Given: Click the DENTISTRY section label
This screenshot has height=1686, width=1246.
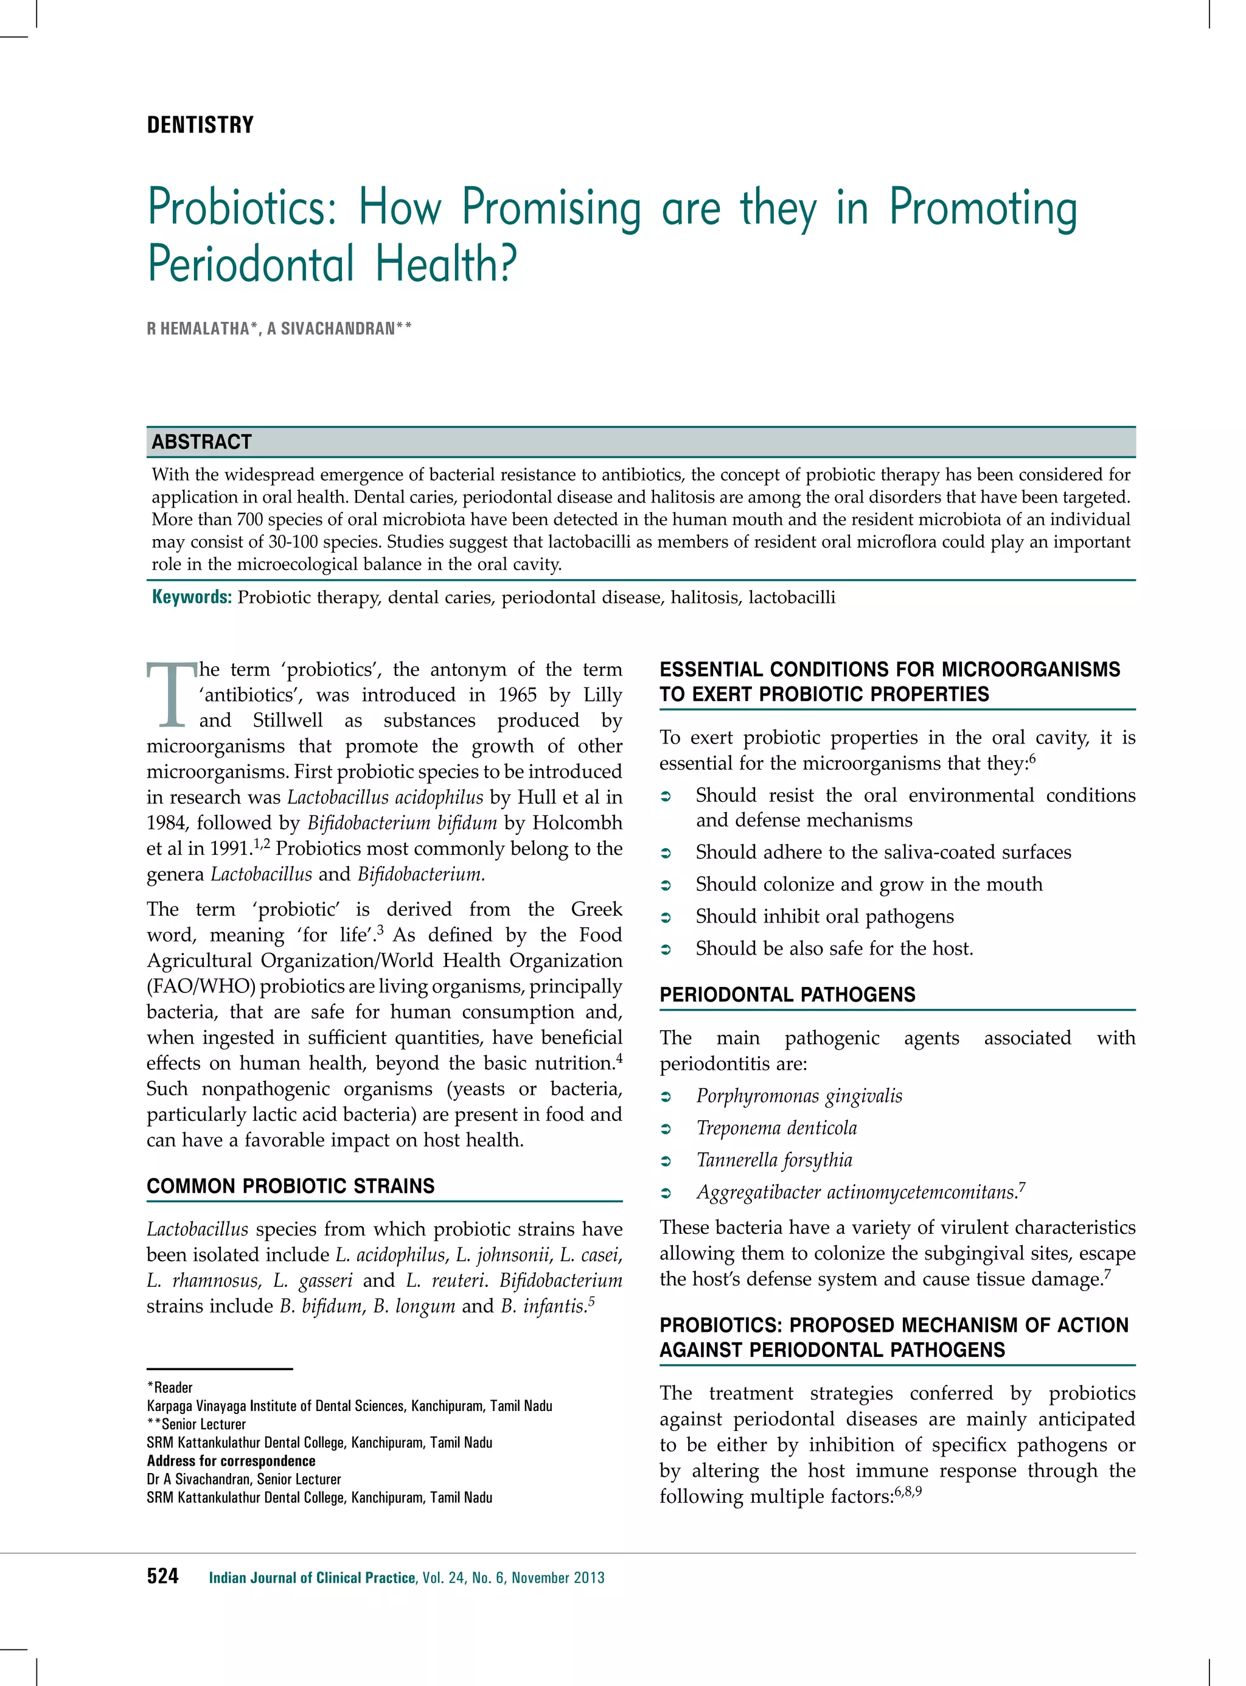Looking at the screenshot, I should pyautogui.click(x=200, y=125).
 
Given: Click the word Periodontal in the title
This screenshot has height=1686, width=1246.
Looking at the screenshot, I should pyautogui.click(x=251, y=264).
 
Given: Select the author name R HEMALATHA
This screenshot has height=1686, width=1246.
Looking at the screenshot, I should pyautogui.click(x=198, y=329).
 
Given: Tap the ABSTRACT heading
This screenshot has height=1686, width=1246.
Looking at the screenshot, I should pyautogui.click(x=201, y=442).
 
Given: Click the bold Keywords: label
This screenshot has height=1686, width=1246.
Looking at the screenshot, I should pyautogui.click(x=192, y=597).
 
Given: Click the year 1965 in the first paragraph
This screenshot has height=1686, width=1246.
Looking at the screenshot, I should pyautogui.click(x=517, y=695).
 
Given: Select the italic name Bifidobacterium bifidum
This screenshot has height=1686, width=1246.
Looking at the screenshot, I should pyautogui.click(x=402, y=823).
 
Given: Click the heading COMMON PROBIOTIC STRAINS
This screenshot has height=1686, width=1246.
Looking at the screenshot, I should pyautogui.click(x=290, y=1186).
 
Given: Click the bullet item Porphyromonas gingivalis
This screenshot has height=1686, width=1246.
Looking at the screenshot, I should pyautogui.click(x=799, y=1096).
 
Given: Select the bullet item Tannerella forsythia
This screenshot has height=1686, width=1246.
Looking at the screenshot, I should pyautogui.click(x=774, y=1160).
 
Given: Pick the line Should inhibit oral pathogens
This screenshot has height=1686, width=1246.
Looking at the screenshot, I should pyautogui.click(x=824, y=916).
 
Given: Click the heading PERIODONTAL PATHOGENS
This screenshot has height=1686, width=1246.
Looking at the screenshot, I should pyautogui.click(x=787, y=994).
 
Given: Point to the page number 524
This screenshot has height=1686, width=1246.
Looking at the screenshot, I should pyautogui.click(x=163, y=1576).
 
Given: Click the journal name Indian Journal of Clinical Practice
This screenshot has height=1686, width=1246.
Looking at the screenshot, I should pyautogui.click(x=312, y=1577).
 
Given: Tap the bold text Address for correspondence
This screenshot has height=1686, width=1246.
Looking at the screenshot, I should pyautogui.click(x=231, y=1460).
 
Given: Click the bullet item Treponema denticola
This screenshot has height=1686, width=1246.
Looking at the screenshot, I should pyautogui.click(x=776, y=1129).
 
